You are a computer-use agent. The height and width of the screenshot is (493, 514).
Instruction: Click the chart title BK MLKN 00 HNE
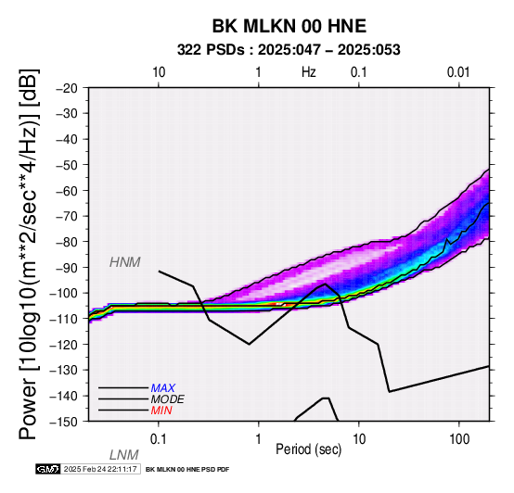pos(289,26)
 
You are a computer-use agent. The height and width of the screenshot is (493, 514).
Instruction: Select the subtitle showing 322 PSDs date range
pos(289,50)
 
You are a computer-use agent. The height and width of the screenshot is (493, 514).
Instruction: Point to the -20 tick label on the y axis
pos(67,88)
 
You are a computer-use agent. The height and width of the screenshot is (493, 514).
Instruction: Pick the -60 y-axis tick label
pos(67,191)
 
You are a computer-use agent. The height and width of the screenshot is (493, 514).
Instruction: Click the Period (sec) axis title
pos(308,449)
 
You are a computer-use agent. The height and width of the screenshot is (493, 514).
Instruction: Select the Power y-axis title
pos(28,254)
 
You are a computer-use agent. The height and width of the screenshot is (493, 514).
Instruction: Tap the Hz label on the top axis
pos(309,72)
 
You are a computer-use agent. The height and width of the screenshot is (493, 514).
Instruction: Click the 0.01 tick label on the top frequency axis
pos(458,72)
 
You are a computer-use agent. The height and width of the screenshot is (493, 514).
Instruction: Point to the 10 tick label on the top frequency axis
pos(159,72)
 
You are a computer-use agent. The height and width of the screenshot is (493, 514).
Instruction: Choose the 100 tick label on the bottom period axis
pos(459,439)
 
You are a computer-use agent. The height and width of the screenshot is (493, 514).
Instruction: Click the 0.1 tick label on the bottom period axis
pos(159,439)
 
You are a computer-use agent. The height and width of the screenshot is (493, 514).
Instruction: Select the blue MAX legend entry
pos(163,388)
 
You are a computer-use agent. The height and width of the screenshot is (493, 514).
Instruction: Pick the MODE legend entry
pos(168,399)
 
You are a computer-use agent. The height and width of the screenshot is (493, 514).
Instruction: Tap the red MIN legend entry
pos(161,411)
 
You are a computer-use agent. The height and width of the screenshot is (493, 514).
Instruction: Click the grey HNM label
pos(125,262)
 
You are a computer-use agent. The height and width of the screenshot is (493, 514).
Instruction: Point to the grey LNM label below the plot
pos(124,455)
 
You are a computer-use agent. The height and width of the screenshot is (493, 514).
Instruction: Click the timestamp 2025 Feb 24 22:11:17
pos(100,469)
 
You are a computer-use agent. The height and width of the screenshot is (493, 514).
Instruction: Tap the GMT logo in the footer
pos(48,469)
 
